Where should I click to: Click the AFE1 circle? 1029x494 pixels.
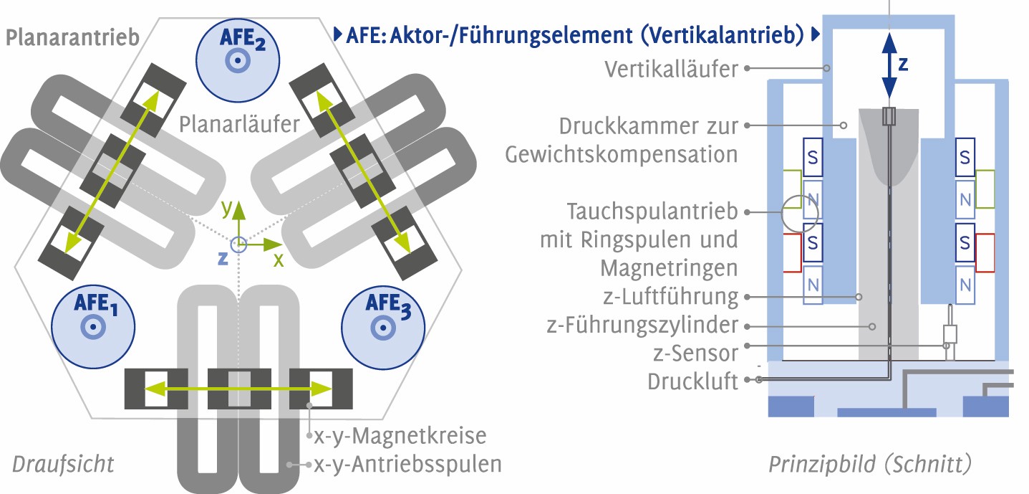tap(93, 326)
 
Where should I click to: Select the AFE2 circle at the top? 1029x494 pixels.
tap(238, 60)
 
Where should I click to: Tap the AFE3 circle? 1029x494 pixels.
tap(383, 328)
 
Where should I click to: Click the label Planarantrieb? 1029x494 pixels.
tap(72, 37)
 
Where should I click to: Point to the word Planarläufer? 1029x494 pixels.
tap(239, 124)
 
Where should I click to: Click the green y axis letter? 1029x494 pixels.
tap(227, 208)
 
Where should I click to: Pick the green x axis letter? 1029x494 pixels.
tap(279, 260)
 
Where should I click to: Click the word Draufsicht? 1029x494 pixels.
tap(63, 464)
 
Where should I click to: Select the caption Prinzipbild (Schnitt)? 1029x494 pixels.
tap(870, 464)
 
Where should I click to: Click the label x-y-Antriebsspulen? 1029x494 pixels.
tap(407, 465)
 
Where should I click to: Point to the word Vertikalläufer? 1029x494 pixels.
tap(671, 70)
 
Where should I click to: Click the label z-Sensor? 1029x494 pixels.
tap(695, 353)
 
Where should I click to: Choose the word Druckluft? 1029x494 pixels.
tap(692, 381)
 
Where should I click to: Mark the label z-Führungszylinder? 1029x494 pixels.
tap(642, 325)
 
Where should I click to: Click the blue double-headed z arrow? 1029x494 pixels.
tap(889, 66)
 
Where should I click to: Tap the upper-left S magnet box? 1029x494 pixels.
tap(813, 157)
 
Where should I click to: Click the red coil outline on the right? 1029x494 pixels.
tap(985, 253)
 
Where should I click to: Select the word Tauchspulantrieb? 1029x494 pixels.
tap(652, 212)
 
